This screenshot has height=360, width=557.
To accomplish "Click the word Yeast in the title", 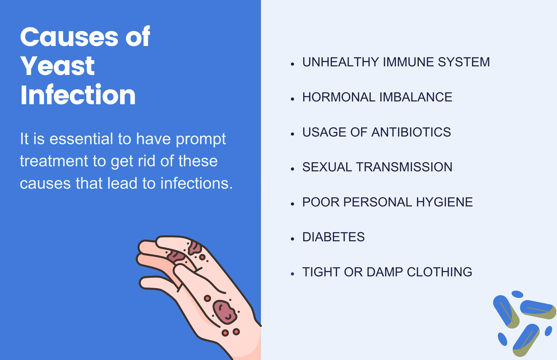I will click(x=57, y=66).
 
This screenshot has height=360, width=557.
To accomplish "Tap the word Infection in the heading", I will click(x=78, y=95).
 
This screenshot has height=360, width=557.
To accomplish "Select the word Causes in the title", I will click(x=69, y=37).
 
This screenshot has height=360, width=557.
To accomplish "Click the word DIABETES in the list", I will click(x=333, y=237).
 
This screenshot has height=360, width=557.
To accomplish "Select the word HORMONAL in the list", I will click(x=339, y=97).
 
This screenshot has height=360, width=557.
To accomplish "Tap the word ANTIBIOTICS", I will click(x=411, y=132).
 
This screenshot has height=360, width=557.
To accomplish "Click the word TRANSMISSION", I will click(x=404, y=167).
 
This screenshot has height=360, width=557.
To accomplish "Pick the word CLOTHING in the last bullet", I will click(x=439, y=272).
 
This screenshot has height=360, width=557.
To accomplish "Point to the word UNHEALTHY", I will click(x=340, y=62).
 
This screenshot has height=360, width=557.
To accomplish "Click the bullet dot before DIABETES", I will click(x=292, y=239).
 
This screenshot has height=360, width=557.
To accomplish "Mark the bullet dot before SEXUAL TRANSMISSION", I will click(x=292, y=169).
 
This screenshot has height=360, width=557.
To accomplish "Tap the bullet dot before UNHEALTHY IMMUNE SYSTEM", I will click(x=292, y=64).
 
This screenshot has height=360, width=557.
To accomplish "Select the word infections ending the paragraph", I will click(x=196, y=183).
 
